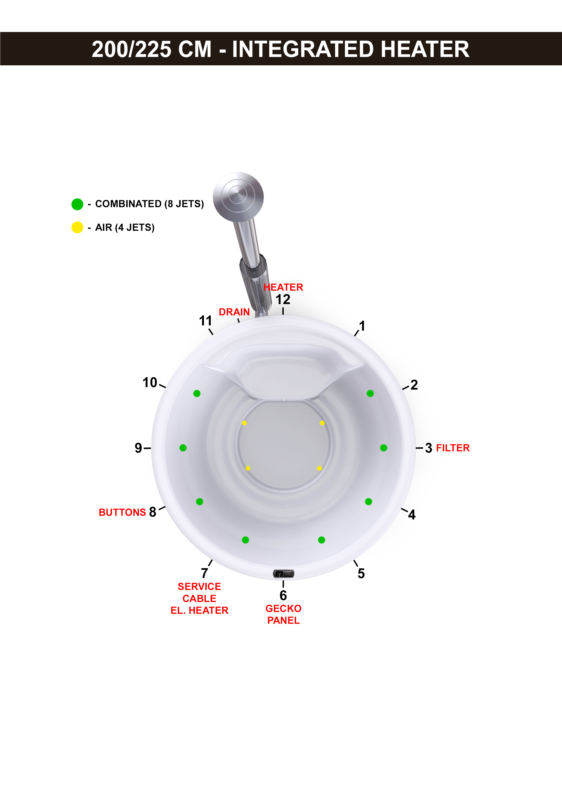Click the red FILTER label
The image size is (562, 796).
click(453, 448)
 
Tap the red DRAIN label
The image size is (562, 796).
click(234, 312)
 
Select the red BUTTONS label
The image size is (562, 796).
click(122, 512)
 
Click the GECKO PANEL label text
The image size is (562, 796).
click(283, 614)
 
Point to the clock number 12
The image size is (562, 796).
click(283, 299)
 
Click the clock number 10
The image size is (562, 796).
click(150, 382)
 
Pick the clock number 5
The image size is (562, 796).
click(361, 573)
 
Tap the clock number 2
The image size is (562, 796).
click(414, 385)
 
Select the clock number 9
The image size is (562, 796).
click(138, 448)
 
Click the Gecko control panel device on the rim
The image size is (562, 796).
click(283, 574)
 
